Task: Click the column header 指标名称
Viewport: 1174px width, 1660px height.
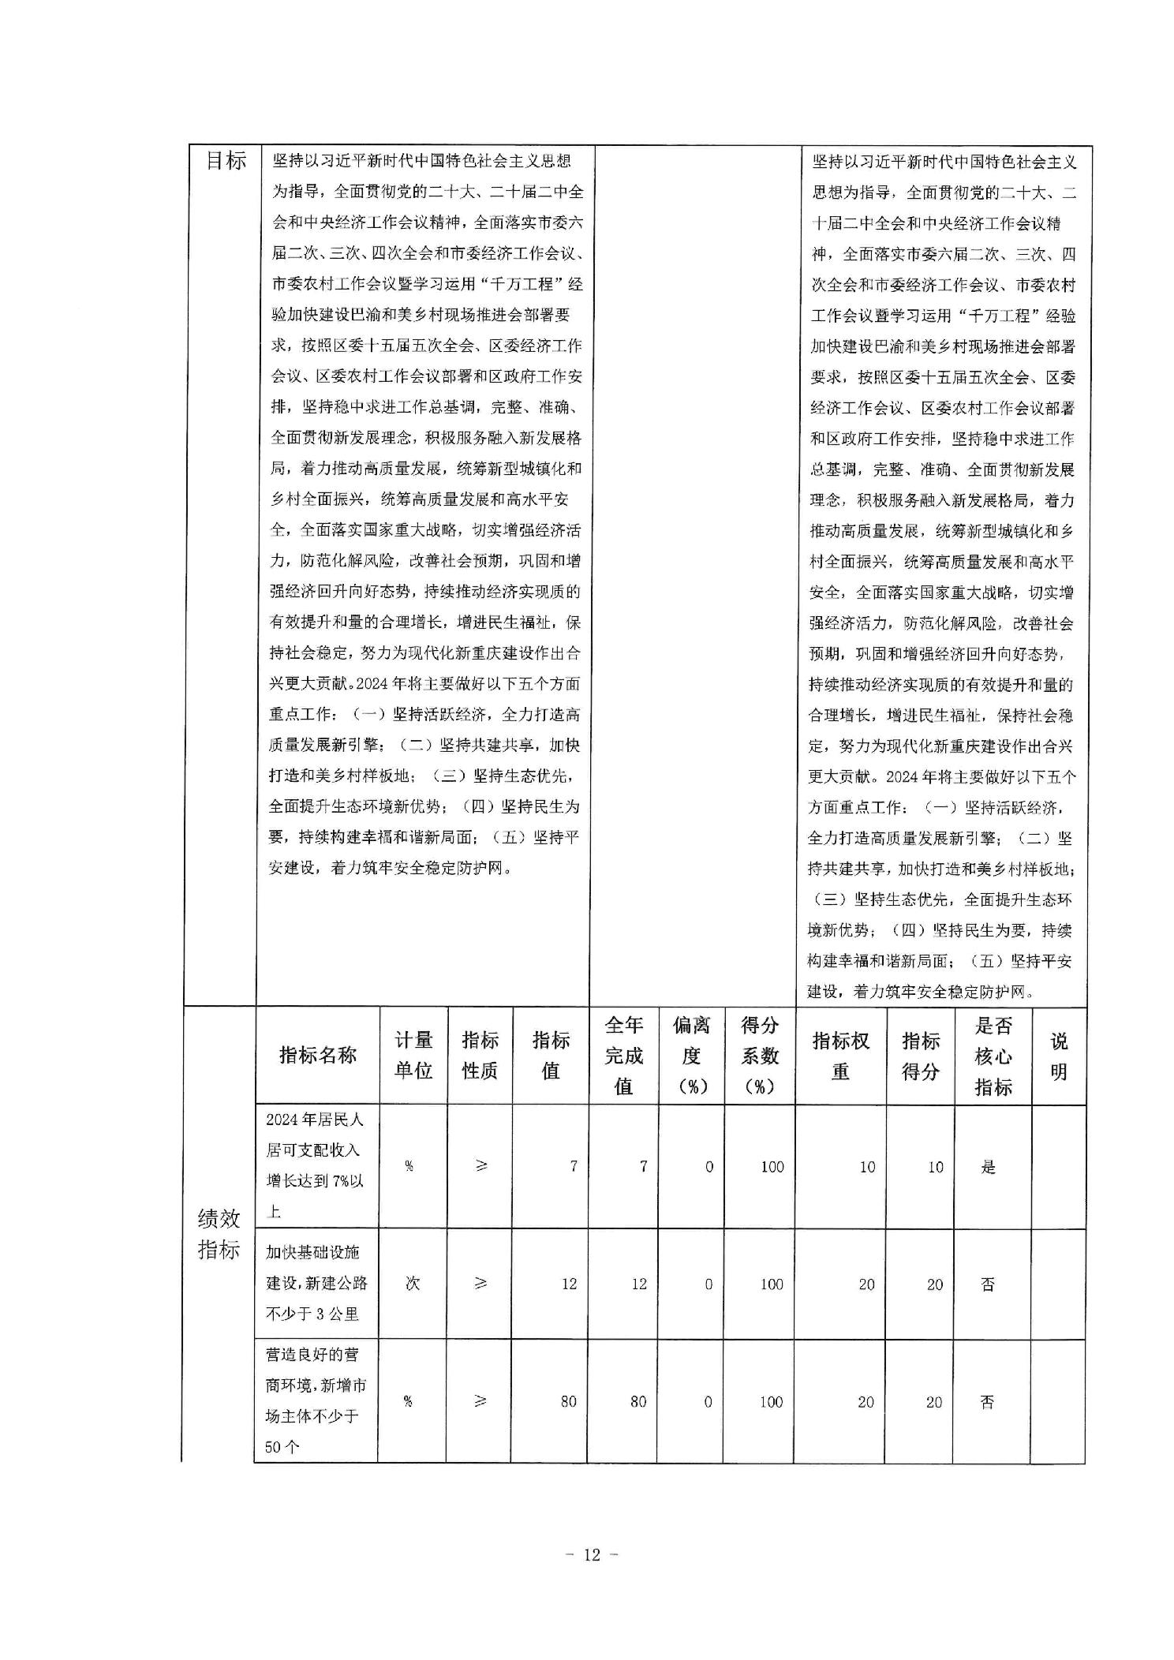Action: click(x=317, y=1055)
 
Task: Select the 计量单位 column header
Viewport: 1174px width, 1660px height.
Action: click(x=413, y=1055)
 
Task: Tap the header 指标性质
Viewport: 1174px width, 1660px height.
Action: click(x=480, y=1055)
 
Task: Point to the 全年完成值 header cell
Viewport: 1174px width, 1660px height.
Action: click(x=624, y=1055)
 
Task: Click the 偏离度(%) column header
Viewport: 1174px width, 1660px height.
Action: click(x=691, y=1055)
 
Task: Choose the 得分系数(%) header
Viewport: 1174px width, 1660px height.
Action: click(x=759, y=1055)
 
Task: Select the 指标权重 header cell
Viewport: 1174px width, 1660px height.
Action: click(x=840, y=1055)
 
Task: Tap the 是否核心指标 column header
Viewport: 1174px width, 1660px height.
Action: click(x=993, y=1055)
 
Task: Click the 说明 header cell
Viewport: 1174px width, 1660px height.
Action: click(x=1058, y=1055)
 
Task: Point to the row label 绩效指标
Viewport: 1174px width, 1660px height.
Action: click(x=219, y=1235)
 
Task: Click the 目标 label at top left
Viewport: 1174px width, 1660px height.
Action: click(x=226, y=161)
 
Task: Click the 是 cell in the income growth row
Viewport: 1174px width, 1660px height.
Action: click(x=989, y=1167)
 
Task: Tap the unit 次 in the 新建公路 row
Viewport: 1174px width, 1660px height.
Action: click(x=413, y=1284)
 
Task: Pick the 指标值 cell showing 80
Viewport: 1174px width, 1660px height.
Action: click(x=568, y=1402)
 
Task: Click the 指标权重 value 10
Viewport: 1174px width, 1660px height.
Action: click(x=867, y=1167)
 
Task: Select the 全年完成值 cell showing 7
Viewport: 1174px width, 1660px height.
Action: click(x=643, y=1167)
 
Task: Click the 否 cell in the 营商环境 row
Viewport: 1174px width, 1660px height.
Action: click(x=987, y=1402)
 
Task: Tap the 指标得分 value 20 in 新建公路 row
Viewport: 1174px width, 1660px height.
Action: click(x=935, y=1284)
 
